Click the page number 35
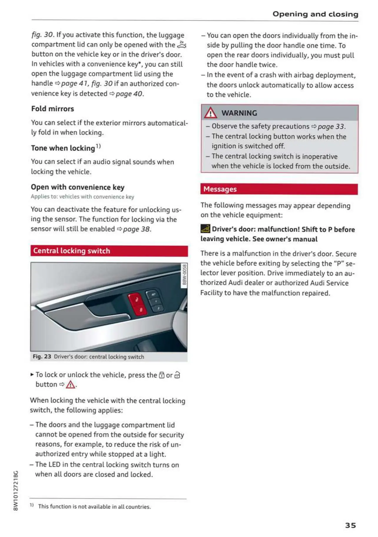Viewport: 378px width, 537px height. [x=350, y=525]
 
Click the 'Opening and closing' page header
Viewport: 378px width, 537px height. [x=315, y=14]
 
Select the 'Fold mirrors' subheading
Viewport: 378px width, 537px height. [x=52, y=109]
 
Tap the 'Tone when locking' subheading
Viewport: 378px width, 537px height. [x=63, y=148]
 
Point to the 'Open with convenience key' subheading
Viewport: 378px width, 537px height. [x=77, y=187]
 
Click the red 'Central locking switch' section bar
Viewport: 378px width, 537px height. [x=109, y=251]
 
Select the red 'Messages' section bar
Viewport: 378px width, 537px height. [x=279, y=189]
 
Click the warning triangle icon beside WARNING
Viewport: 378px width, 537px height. [x=210, y=113]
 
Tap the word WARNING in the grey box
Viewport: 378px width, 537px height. [x=239, y=113]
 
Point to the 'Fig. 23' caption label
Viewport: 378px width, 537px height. [x=42, y=357]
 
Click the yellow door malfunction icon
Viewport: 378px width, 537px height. [x=205, y=229]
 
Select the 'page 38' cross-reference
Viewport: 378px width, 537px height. [x=137, y=229]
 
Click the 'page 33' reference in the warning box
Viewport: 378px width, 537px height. [x=331, y=126]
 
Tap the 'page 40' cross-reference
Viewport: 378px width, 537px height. [x=129, y=94]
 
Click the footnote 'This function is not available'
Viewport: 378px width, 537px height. [x=94, y=506]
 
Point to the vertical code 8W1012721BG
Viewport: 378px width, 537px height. [x=16, y=490]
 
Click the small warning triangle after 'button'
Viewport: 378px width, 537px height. [x=70, y=385]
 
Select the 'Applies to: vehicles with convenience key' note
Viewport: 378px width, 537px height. [x=82, y=197]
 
